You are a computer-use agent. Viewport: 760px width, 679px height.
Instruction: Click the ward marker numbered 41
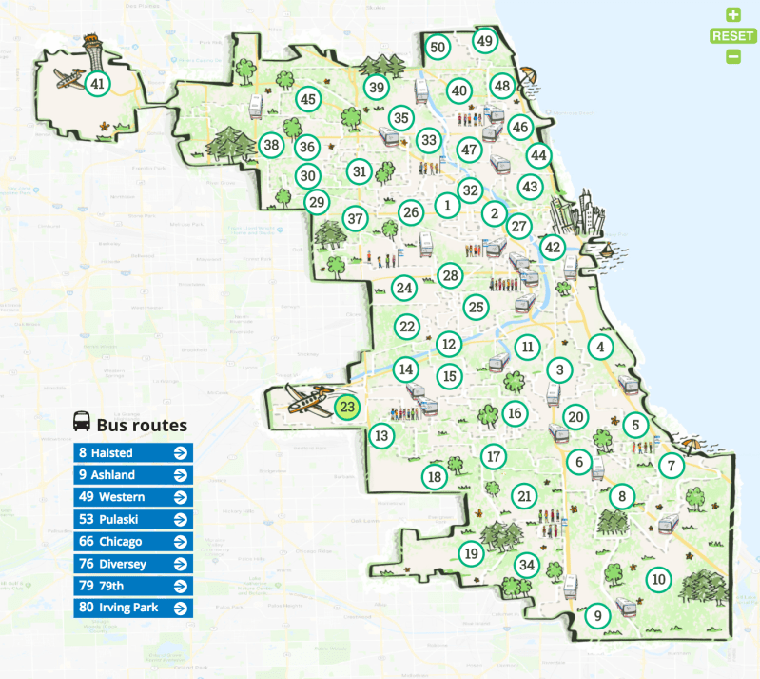tap(97, 84)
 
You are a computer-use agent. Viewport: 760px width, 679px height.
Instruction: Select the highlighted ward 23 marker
tap(348, 408)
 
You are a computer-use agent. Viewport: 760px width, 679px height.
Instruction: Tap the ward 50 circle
tap(438, 47)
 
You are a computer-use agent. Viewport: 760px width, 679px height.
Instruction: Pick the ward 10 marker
tap(657, 578)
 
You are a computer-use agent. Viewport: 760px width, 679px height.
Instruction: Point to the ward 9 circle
tap(597, 616)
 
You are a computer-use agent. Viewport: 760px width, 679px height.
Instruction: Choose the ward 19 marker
tap(471, 552)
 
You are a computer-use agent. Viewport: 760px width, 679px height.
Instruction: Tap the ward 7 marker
tap(672, 466)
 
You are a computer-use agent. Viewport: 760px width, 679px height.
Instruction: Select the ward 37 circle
tap(355, 218)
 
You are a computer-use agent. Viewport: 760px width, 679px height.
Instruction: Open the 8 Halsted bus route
tap(133, 453)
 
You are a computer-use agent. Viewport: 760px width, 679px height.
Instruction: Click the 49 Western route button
tap(133, 497)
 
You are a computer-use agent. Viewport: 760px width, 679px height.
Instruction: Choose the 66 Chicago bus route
tap(133, 541)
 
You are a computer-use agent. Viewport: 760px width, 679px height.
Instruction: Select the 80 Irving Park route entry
tap(133, 607)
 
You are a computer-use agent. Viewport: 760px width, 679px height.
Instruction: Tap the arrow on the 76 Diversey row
tap(180, 564)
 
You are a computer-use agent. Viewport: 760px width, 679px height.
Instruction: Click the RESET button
tap(732, 36)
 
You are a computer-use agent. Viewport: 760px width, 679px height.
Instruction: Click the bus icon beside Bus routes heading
tap(83, 422)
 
